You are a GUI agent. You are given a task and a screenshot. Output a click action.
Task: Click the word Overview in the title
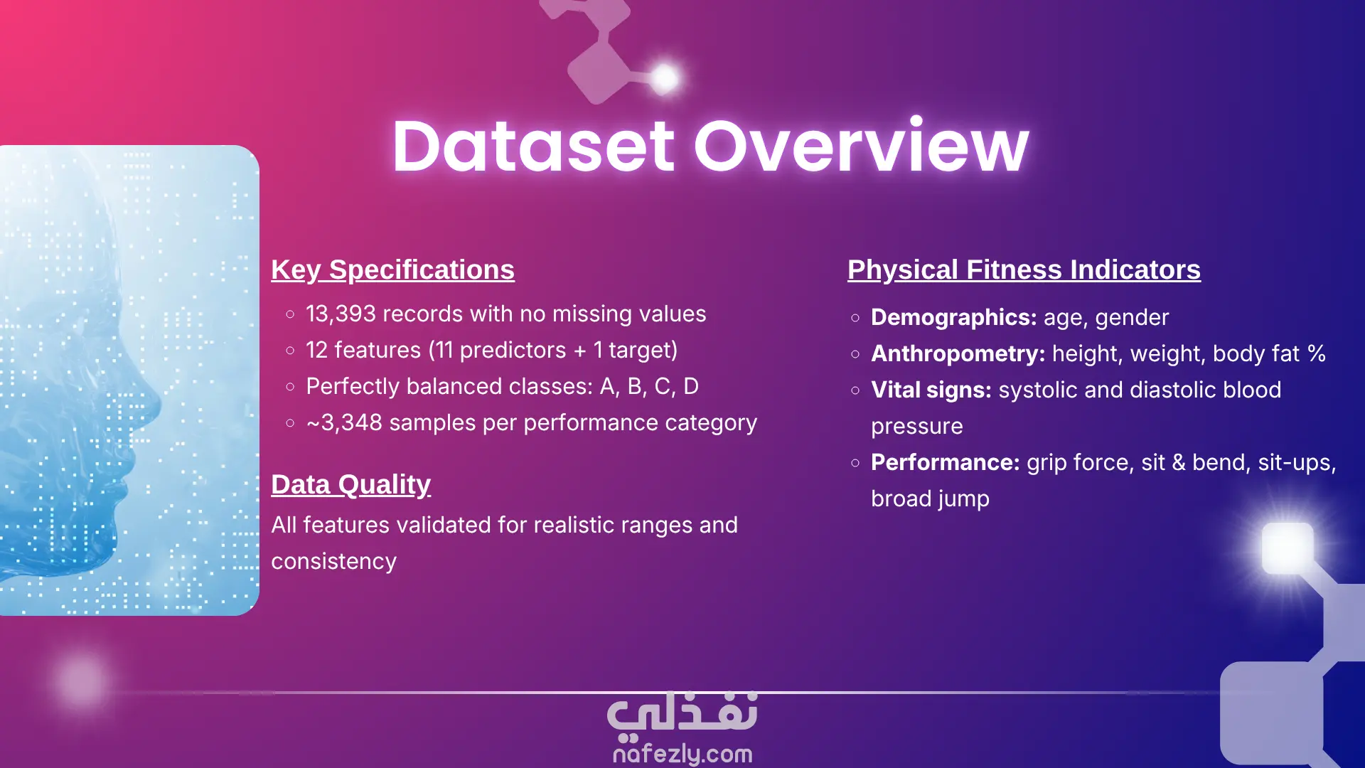pyautogui.click(x=862, y=146)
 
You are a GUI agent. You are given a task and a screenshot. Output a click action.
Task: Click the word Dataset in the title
pyautogui.click(x=534, y=146)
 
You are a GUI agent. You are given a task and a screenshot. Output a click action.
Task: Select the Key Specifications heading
pyautogui.click(x=392, y=270)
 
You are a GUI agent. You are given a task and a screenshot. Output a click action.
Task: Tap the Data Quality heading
pyautogui.click(x=350, y=485)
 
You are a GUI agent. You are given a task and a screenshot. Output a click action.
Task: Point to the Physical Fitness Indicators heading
pyautogui.click(x=1024, y=270)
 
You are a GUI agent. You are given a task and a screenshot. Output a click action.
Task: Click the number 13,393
pyautogui.click(x=339, y=314)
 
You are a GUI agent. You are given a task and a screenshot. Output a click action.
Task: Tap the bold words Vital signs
pyautogui.click(x=931, y=390)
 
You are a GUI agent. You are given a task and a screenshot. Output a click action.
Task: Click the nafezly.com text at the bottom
pyautogui.click(x=682, y=753)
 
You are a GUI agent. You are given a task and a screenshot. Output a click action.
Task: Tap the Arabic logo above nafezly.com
pyautogui.click(x=682, y=713)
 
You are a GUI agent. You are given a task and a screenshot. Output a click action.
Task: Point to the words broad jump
pyautogui.click(x=930, y=499)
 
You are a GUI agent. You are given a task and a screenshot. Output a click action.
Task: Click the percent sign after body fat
pyautogui.click(x=1317, y=353)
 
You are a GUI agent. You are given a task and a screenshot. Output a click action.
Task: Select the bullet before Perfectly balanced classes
pyautogui.click(x=290, y=387)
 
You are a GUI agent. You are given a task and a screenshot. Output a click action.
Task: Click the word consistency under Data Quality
pyautogui.click(x=333, y=562)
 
